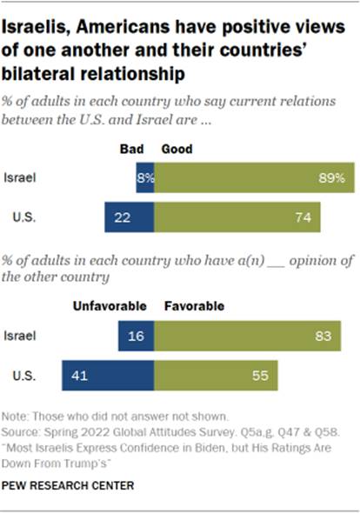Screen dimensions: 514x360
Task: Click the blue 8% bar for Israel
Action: (x=145, y=177)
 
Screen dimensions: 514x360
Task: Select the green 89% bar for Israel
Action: (x=254, y=177)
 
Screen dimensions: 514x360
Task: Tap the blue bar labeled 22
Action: (x=130, y=217)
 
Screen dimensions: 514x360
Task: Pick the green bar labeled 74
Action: (x=237, y=217)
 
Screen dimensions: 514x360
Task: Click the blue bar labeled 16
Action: (x=137, y=334)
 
